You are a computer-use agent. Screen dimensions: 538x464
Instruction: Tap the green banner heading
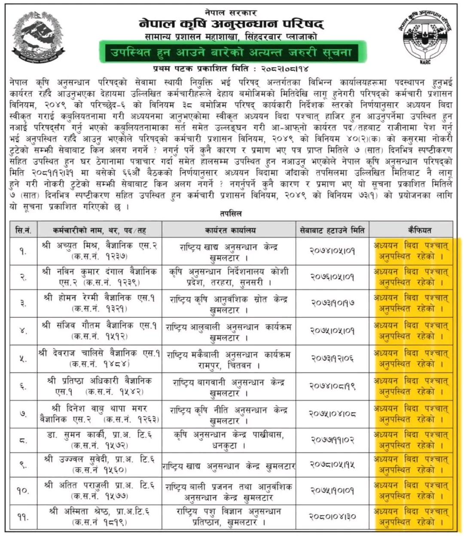point(232,53)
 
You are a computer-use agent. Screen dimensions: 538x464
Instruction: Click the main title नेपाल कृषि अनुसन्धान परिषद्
point(232,24)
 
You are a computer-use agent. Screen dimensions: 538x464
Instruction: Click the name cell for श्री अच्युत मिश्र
point(100,251)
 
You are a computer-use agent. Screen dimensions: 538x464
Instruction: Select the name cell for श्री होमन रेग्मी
point(100,304)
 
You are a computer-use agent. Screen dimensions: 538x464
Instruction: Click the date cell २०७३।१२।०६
point(332,359)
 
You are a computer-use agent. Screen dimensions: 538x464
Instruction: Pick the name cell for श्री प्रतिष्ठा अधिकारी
point(100,386)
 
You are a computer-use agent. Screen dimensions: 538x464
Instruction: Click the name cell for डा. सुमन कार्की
point(100,440)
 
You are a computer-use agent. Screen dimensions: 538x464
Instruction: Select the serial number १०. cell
point(23,491)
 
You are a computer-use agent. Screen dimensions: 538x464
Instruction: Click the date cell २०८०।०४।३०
point(332,517)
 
